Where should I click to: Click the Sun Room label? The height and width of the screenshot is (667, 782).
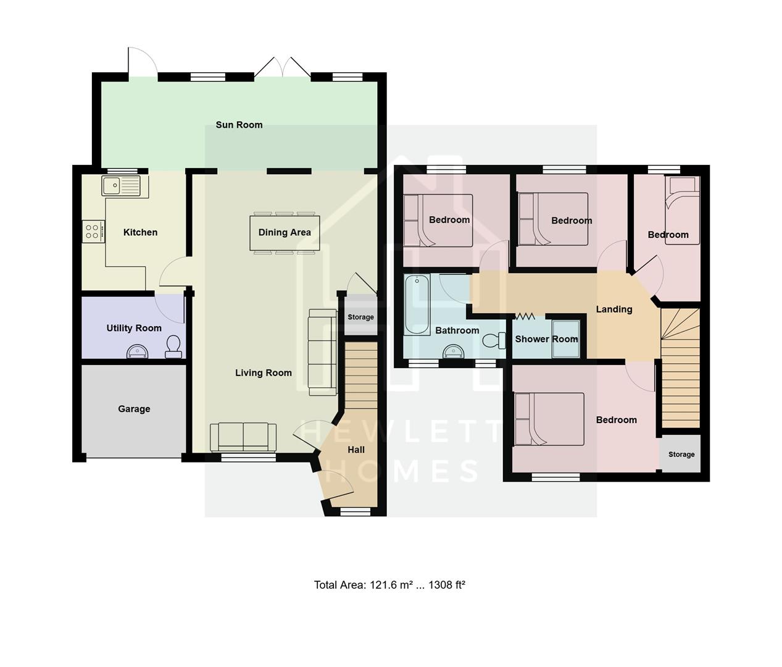(x=239, y=125)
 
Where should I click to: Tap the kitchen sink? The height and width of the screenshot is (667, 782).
(x=113, y=184)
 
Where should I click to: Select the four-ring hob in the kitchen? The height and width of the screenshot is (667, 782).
(x=93, y=231)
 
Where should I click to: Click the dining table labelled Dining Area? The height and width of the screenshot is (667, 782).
(x=285, y=233)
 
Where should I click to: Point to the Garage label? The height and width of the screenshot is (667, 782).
(x=134, y=409)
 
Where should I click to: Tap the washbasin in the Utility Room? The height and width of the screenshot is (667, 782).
(x=137, y=352)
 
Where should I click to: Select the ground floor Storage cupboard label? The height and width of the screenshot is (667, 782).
(x=360, y=317)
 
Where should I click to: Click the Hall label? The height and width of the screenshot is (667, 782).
(x=356, y=450)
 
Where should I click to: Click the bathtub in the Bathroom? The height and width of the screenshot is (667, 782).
(x=417, y=304)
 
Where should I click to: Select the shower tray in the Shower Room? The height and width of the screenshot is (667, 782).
(x=566, y=338)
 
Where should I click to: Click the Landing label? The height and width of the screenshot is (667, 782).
(x=614, y=309)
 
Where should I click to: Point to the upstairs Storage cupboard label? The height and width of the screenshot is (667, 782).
(x=681, y=455)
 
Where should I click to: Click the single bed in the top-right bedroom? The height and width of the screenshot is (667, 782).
(x=682, y=211)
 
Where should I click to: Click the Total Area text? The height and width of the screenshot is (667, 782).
(x=389, y=585)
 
